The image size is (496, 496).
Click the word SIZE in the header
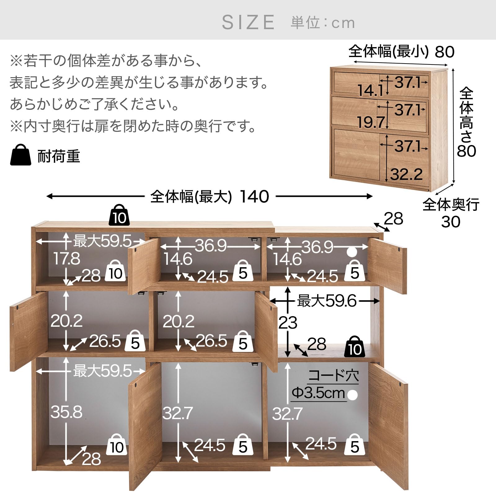(248, 22)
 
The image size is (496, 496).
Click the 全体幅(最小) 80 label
(401, 51)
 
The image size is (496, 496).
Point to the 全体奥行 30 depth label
(451, 213)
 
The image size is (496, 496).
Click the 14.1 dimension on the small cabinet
(370, 91)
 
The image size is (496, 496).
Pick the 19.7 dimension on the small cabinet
(370, 122)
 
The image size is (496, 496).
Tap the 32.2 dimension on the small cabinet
(406, 174)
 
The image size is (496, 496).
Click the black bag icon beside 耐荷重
(21, 155)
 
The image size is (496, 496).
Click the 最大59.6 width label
(327, 301)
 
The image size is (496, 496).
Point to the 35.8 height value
(66, 412)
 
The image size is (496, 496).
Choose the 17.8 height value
(66, 259)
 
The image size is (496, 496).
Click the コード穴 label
(334, 376)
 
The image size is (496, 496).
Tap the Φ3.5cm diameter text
(318, 393)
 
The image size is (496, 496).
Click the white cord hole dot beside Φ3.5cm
(352, 395)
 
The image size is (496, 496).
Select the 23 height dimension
(288, 323)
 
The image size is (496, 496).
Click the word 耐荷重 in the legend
(59, 156)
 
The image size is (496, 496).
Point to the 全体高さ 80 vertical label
(466, 122)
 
